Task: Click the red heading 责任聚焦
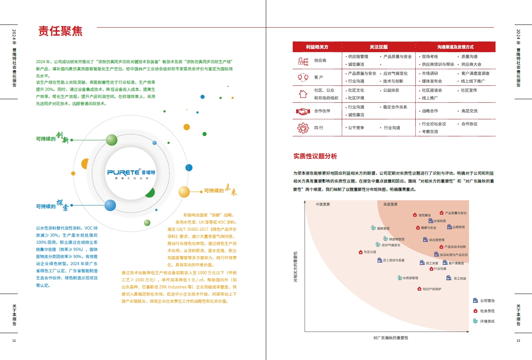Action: (x=60, y=31)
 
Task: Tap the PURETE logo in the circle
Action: (x=131, y=173)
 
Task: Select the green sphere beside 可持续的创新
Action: (x=112, y=140)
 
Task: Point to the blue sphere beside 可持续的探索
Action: (x=110, y=205)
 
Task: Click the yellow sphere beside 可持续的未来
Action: (x=184, y=192)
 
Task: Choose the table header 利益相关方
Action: (x=317, y=47)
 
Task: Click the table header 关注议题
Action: (x=379, y=47)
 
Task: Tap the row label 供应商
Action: (x=320, y=60)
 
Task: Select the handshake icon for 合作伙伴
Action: (x=303, y=111)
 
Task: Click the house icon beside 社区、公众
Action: (x=303, y=94)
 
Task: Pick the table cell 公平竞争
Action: (x=356, y=128)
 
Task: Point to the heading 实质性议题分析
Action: (x=315, y=156)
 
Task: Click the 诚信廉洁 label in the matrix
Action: (x=424, y=215)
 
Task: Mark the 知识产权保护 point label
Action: (x=432, y=289)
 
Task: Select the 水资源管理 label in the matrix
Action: (x=410, y=278)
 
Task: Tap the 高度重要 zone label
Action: (x=390, y=204)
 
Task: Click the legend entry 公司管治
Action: (x=487, y=301)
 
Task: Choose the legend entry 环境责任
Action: (x=487, y=321)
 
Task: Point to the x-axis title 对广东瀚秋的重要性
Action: (x=390, y=338)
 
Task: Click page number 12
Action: (x=14, y=341)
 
